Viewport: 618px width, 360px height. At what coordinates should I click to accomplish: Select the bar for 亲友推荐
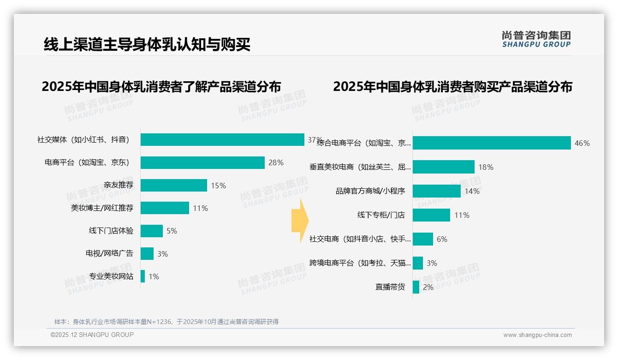[x=174, y=185]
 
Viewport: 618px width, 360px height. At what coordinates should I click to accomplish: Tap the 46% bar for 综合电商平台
[x=492, y=143]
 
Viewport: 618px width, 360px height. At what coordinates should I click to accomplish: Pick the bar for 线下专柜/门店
[x=431, y=215]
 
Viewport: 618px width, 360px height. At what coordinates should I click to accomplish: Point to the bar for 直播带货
[x=416, y=287]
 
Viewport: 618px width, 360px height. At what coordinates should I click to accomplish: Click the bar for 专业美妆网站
[x=143, y=276]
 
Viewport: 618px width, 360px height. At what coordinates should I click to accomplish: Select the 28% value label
[x=276, y=162]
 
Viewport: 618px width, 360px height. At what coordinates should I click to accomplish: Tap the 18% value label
[x=486, y=167]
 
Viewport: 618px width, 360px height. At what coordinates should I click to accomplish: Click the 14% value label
[x=472, y=191]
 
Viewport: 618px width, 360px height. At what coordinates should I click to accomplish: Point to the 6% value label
[x=442, y=239]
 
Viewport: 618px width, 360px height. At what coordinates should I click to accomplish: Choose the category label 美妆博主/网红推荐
[x=102, y=208]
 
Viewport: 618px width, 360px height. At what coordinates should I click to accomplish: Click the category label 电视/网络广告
[x=109, y=253]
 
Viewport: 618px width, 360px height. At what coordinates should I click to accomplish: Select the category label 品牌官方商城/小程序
[x=370, y=191]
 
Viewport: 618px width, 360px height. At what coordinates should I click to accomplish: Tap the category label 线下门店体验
[x=111, y=231]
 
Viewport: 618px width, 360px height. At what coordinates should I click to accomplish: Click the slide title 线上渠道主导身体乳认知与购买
[x=147, y=44]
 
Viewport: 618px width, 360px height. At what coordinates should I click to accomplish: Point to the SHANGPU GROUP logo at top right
[x=536, y=39]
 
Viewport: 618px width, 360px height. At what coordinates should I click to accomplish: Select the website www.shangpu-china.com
[x=537, y=335]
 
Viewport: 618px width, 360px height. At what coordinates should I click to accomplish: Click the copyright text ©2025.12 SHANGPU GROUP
[x=92, y=335]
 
